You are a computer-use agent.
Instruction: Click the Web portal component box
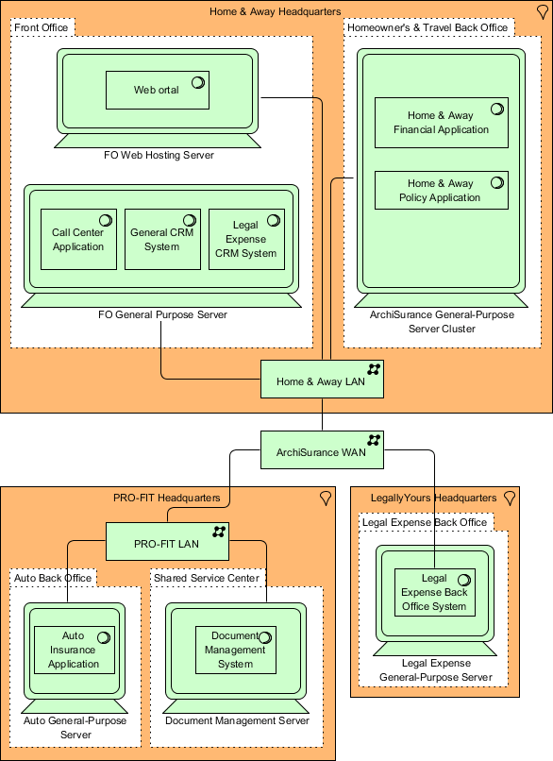[156, 91]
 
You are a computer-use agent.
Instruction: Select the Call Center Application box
[78, 240]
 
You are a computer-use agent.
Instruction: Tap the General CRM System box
[161, 240]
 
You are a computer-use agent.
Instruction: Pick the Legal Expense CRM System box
[245, 240]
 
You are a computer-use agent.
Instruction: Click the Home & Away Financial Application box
[441, 123]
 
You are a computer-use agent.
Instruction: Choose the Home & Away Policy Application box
[441, 190]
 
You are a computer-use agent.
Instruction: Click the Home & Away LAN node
[322, 381]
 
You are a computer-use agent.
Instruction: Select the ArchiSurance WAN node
[322, 450]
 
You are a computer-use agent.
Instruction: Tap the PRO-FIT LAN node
[167, 544]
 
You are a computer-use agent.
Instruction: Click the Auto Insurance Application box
[74, 650]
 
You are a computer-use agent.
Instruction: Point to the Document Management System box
[235, 650]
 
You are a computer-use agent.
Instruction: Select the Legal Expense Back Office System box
[434, 592]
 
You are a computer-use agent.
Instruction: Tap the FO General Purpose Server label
[161, 314]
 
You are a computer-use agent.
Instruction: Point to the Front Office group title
[42, 27]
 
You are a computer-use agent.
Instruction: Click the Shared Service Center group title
[206, 577]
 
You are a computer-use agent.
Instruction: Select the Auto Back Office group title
[52, 577]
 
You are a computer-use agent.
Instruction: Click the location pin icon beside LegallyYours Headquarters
[510, 498]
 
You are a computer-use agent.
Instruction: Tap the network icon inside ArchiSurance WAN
[374, 440]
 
